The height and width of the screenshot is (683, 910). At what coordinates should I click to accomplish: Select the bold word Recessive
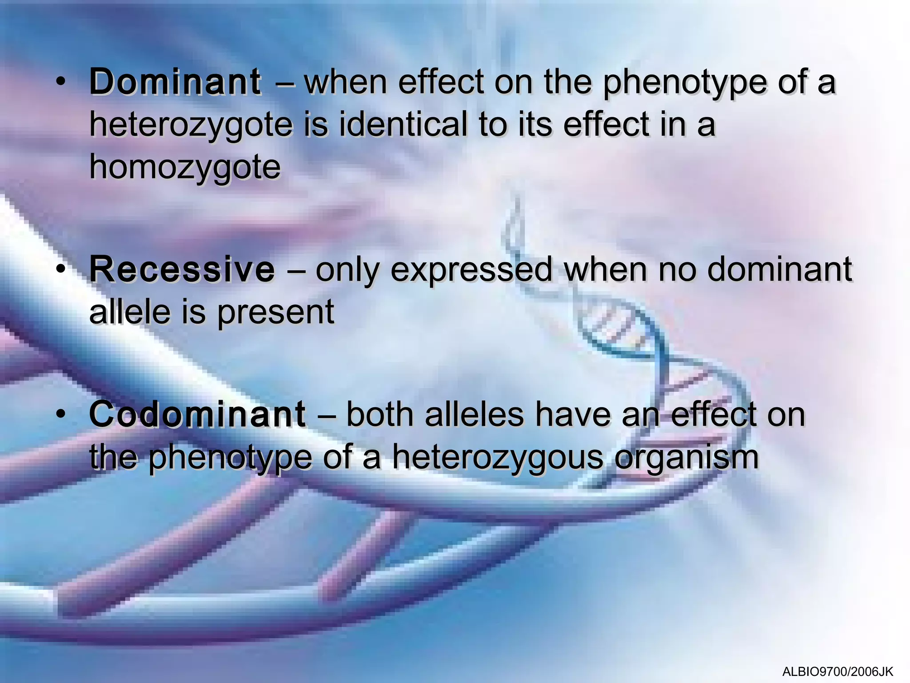point(182,269)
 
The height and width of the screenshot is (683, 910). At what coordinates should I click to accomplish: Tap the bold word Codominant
point(197,414)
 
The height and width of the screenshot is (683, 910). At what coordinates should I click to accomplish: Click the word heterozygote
point(191,125)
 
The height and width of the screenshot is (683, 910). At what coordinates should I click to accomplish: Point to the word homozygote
point(185,168)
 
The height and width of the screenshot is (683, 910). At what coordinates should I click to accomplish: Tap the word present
point(275,312)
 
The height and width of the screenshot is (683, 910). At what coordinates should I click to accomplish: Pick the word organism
point(686,458)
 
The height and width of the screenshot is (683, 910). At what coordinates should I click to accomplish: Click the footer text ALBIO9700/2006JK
point(838,671)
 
